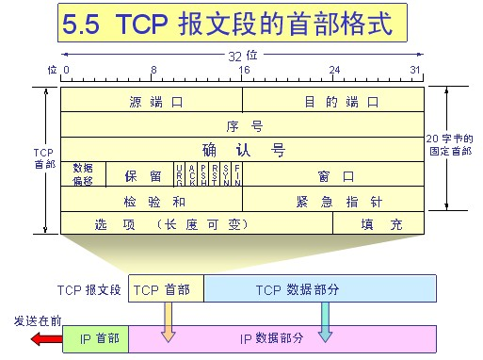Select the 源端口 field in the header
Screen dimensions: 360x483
151,100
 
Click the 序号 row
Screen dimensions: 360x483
243,124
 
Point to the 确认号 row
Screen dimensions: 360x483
243,150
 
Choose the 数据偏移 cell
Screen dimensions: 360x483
83,174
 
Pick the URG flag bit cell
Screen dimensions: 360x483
180,174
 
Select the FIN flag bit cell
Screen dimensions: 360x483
237,174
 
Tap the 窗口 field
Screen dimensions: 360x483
334,175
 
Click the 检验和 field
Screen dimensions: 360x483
151,201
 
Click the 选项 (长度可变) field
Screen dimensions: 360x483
196,224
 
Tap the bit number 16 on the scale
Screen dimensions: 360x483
243,71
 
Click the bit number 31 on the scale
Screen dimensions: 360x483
416,71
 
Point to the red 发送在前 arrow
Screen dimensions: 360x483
43,338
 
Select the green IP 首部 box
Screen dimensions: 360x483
95,338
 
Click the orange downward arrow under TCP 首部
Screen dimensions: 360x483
169,322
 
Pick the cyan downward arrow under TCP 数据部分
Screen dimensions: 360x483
325,322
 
